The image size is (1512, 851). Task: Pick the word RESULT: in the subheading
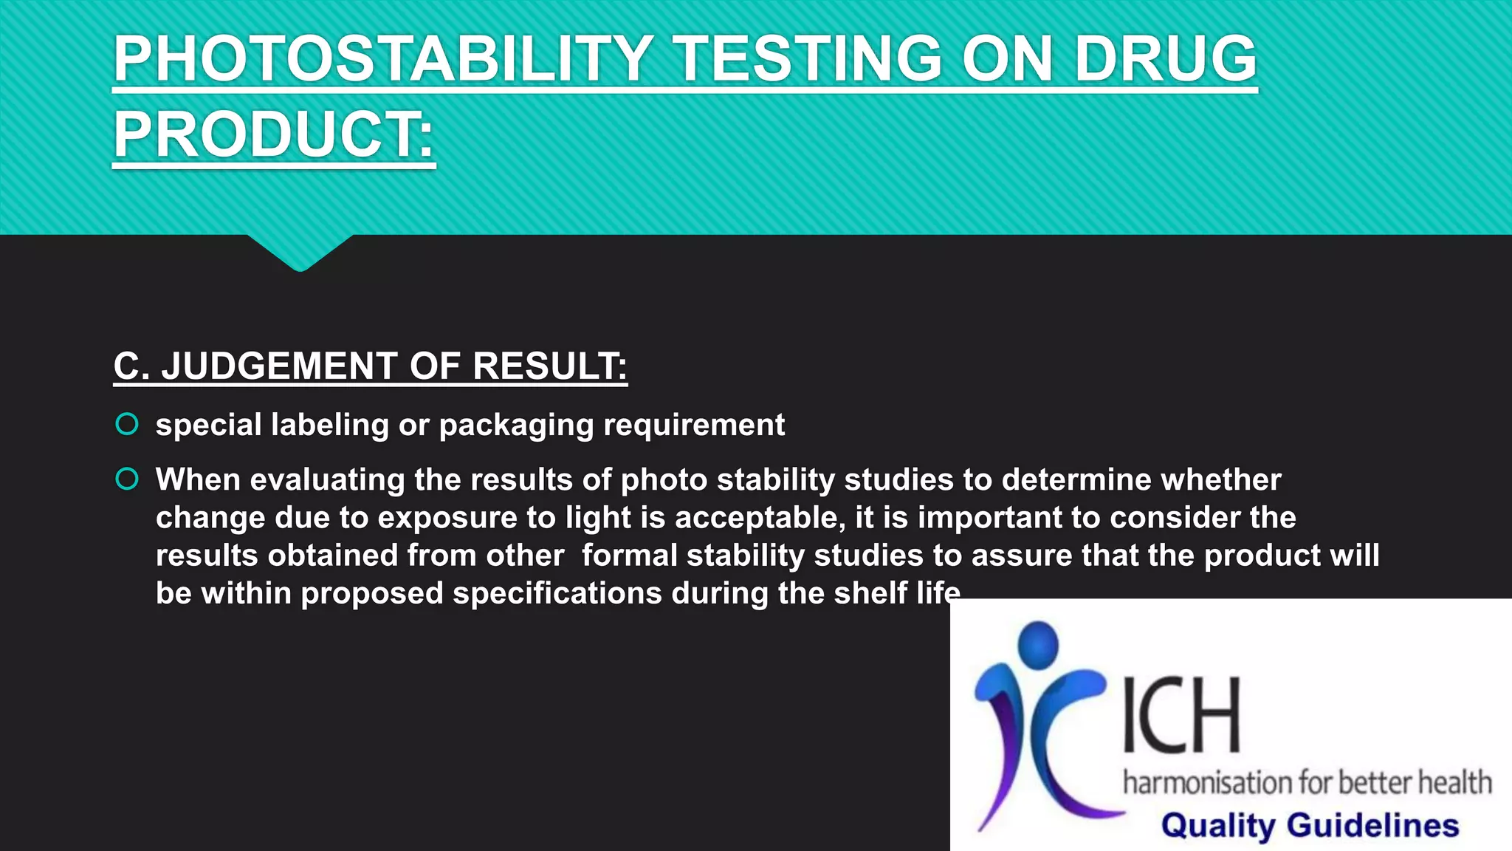coord(549,366)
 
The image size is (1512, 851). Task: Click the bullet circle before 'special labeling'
coord(127,424)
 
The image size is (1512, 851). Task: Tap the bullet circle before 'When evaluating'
coord(127,479)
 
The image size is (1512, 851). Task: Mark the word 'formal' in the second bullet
coord(629,556)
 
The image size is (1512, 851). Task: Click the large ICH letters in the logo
coord(1181,715)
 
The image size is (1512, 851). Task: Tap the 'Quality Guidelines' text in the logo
coord(1310,825)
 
